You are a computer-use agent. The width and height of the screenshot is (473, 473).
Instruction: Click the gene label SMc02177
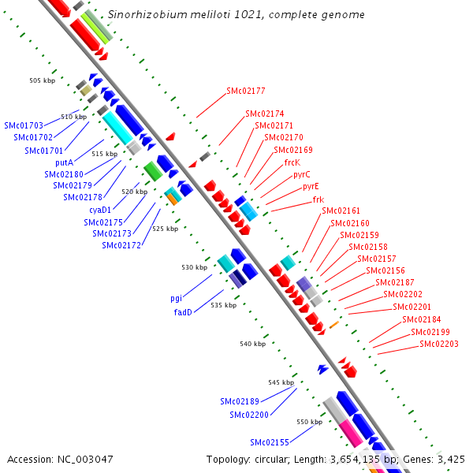click(245, 91)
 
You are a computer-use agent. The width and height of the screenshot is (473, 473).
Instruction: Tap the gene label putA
click(64, 162)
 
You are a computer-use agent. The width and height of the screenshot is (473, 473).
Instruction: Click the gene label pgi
click(176, 299)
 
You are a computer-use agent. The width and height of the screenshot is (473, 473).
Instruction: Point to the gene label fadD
click(183, 311)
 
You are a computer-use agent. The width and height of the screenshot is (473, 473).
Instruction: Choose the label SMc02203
click(439, 344)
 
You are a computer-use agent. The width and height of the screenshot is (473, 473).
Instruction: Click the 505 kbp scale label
click(43, 80)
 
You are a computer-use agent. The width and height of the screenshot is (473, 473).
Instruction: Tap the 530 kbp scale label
click(195, 267)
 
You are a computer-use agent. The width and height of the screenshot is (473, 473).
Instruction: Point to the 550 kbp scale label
click(309, 422)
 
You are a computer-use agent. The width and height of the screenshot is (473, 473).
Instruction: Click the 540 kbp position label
click(253, 344)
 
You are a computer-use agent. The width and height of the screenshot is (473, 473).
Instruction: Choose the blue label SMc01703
click(24, 125)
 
